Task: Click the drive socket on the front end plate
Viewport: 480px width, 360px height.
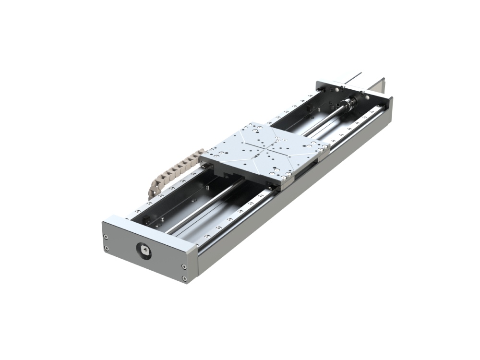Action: coord(144,251)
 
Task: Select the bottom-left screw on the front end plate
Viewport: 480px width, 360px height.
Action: coord(106,249)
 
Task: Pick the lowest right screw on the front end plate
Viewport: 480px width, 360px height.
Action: coord(184,278)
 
